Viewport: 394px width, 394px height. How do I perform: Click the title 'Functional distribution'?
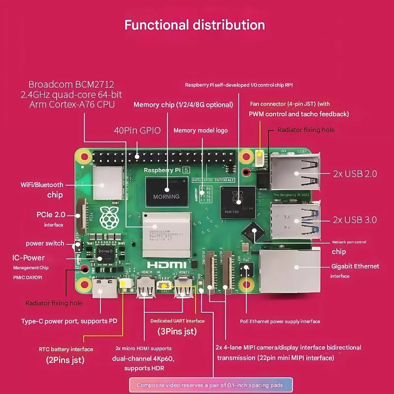click(x=195, y=25)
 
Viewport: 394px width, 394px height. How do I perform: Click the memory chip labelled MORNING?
click(x=166, y=192)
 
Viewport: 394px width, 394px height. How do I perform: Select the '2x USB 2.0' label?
click(x=355, y=173)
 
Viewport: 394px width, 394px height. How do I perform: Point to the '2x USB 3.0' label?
click(x=355, y=220)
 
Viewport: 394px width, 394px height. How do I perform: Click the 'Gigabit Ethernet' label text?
click(x=355, y=266)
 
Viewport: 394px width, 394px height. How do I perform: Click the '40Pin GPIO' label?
click(x=137, y=131)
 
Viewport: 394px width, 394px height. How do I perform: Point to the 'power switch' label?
click(x=45, y=243)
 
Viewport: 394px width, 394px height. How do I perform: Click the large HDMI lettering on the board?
click(x=161, y=264)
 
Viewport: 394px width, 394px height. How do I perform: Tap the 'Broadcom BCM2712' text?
click(x=71, y=84)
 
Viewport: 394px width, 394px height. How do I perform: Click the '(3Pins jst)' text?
click(x=177, y=331)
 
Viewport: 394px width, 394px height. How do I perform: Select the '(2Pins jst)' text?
click(x=66, y=360)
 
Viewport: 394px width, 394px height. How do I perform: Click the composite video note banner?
click(x=211, y=385)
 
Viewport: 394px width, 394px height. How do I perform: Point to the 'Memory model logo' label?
click(x=200, y=131)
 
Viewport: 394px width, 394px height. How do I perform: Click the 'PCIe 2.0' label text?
click(x=50, y=215)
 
